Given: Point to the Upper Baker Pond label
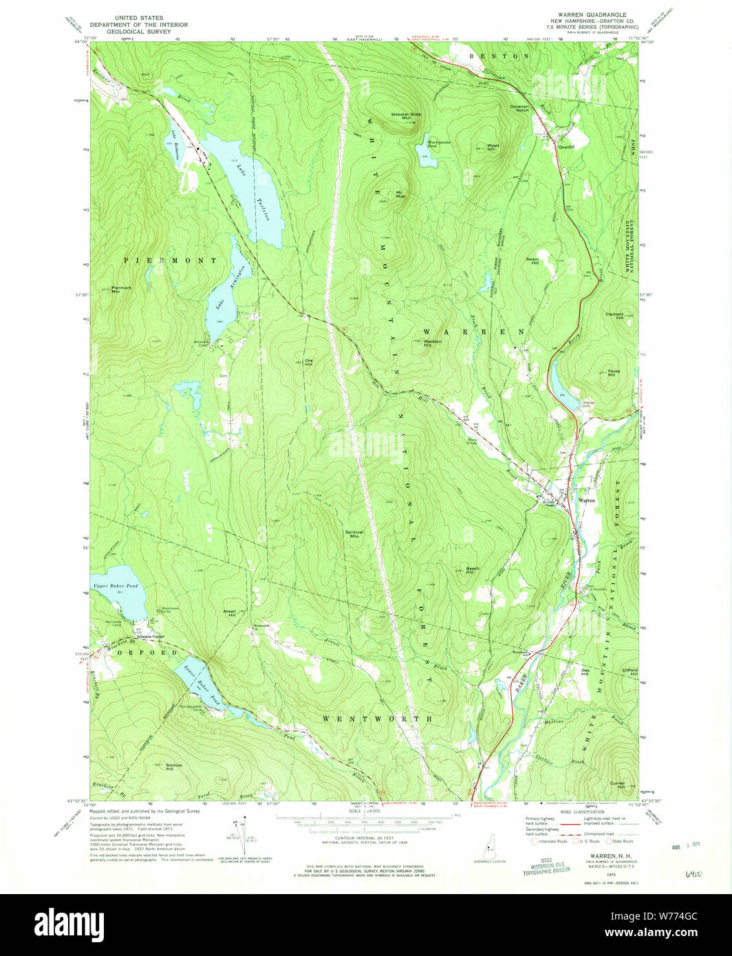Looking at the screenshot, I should tap(116, 586).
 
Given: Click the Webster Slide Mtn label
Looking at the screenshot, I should tap(407, 116).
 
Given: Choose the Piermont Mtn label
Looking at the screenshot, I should tap(121, 289).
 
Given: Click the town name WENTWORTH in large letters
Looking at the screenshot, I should tap(378, 719).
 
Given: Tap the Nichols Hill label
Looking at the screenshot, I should tap(174, 766).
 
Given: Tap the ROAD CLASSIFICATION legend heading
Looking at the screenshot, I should tap(582, 812).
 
